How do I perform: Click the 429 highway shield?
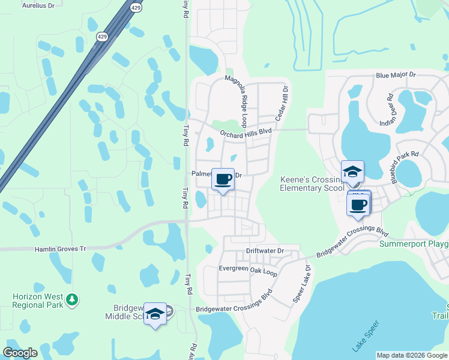tap(136, 7)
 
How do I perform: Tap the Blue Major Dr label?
tap(396, 75)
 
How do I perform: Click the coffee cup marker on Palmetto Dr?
tap(223, 178)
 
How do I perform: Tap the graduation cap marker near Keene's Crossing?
tap(352, 171)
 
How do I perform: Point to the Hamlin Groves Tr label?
tap(60, 248)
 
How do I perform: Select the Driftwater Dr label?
tap(264, 250)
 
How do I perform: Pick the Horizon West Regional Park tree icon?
tap(72, 299)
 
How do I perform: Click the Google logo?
tap(20, 353)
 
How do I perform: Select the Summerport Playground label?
tap(414, 244)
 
